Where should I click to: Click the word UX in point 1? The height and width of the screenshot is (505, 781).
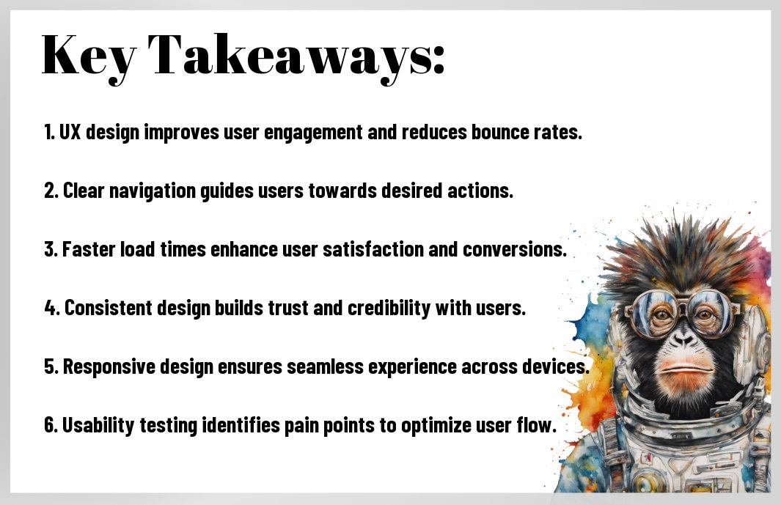click(x=70, y=132)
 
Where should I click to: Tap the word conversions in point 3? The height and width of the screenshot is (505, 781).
click(x=515, y=249)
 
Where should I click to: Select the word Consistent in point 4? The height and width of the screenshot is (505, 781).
click(x=108, y=308)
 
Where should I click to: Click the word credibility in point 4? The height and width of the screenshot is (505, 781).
click(x=389, y=309)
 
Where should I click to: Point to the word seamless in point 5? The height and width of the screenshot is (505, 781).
click(x=326, y=366)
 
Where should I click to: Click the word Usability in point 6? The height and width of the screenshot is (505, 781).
click(x=98, y=426)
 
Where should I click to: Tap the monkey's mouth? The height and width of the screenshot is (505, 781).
click(x=686, y=369)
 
